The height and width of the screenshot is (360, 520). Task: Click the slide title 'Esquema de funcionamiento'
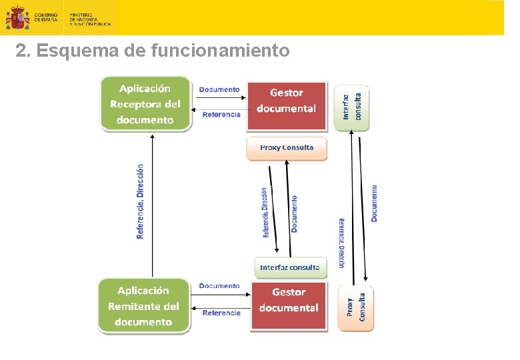153,51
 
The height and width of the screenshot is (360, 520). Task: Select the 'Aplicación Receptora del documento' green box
145,104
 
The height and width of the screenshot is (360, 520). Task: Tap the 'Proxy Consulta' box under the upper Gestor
287,148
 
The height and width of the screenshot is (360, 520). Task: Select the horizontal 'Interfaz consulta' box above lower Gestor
290,267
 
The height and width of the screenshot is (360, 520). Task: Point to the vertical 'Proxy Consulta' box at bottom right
356,307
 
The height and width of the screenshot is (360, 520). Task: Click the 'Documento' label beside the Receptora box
219,89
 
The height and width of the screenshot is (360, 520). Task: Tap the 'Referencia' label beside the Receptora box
221,115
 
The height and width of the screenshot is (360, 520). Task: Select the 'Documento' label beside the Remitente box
219,286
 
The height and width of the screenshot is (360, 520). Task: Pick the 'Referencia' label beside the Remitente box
221,313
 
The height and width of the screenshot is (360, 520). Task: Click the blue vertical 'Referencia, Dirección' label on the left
140,201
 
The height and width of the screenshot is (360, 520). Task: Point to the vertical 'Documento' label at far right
374,203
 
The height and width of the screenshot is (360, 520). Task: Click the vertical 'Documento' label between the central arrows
295,213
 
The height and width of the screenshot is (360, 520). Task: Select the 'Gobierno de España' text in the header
46,17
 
